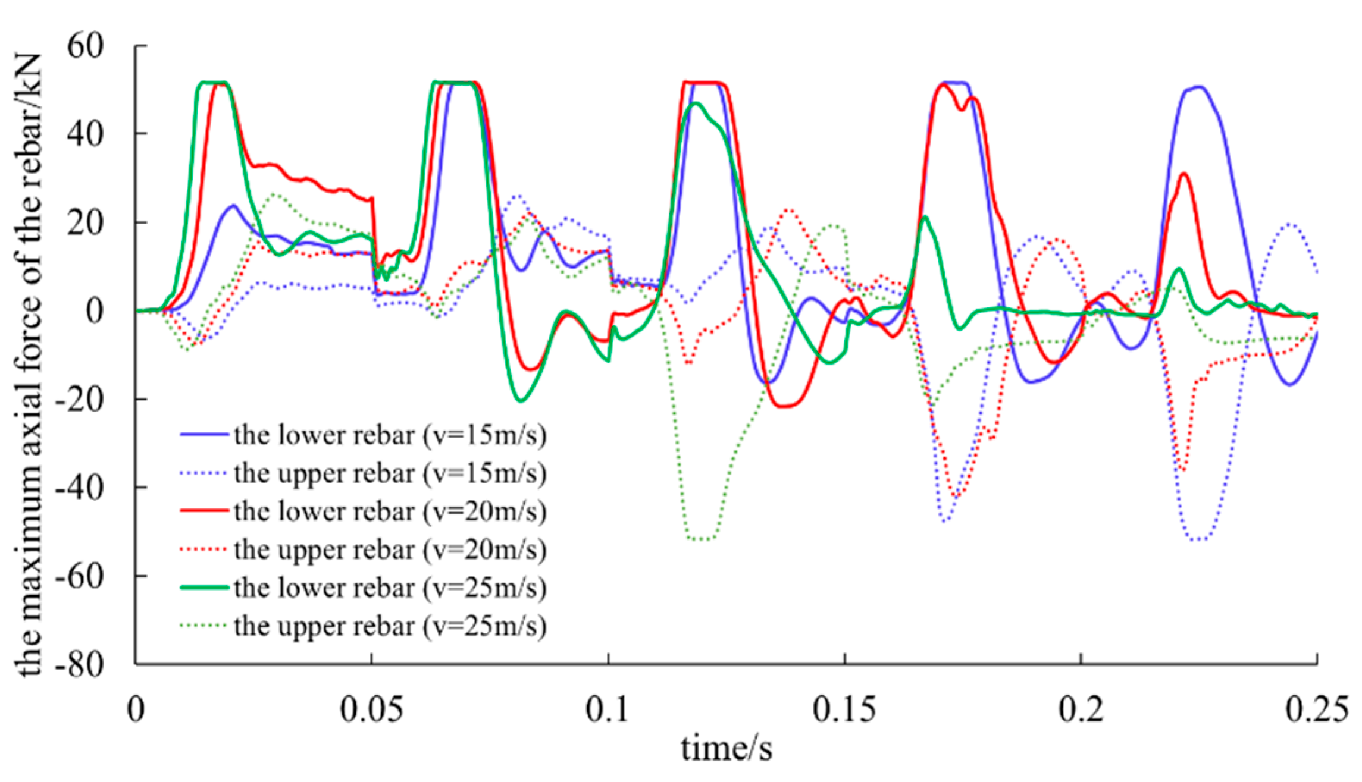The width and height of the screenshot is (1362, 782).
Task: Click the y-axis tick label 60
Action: click(85, 46)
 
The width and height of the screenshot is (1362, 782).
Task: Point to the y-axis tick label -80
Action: click(79, 664)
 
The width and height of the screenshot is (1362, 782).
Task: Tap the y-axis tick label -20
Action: click(79, 400)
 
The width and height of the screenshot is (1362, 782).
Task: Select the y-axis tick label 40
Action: click(85, 134)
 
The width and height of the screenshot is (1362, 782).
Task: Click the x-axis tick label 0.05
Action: click(371, 709)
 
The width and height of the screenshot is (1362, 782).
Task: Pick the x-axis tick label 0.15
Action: click(844, 709)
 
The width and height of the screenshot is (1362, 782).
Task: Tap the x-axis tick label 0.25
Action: click(1316, 709)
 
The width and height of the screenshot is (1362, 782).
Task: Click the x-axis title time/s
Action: click(727, 749)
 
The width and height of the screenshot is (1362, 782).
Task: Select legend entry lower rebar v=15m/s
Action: click(390, 435)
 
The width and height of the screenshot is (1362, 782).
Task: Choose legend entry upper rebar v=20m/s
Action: click(390, 550)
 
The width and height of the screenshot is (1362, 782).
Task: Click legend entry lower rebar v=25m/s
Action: click(390, 588)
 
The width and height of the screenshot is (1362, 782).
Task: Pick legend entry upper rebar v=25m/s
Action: click(390, 626)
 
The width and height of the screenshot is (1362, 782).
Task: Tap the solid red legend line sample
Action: click(204, 511)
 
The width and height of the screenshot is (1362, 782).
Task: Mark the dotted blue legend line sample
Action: click(204, 473)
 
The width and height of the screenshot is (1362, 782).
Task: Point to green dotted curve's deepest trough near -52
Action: click(702, 539)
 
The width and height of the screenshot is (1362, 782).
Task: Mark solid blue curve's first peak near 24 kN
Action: click(234, 206)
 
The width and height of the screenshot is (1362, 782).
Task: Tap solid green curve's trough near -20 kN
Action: click(521, 400)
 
